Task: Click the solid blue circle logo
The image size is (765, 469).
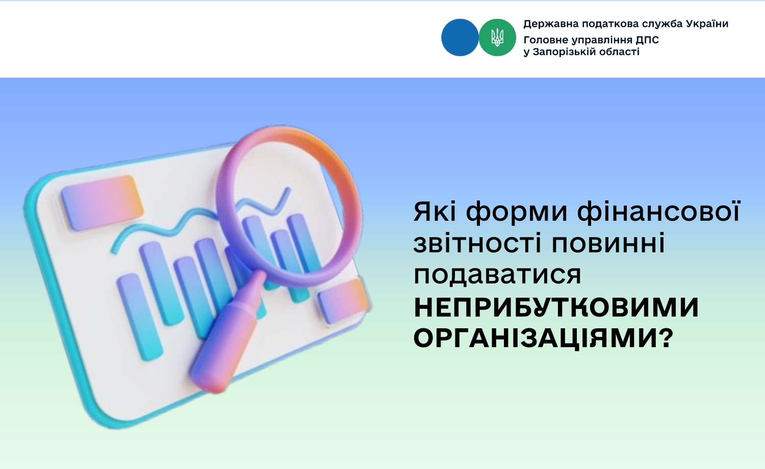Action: coord(460,38)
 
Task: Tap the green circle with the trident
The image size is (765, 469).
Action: coord(497,38)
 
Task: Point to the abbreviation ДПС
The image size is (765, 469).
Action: coord(647,40)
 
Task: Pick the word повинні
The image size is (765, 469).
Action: coord(608,243)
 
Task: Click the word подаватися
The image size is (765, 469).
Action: coord(497,275)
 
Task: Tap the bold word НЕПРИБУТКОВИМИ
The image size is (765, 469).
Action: coord(556,308)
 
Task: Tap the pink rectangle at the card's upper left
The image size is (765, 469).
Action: coord(102,203)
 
